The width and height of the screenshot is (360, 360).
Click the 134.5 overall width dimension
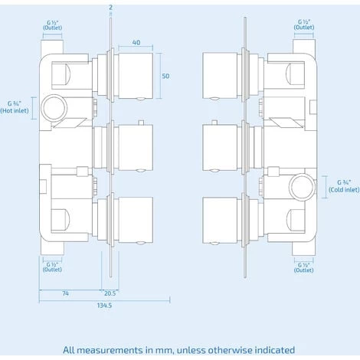(105, 306)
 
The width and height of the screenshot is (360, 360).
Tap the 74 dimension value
(66, 292)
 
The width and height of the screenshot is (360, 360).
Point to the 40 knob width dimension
(135, 44)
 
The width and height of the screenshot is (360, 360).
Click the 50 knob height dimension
(165, 76)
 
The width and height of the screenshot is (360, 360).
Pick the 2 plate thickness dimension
(110, 7)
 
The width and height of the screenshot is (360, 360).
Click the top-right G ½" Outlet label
(304, 27)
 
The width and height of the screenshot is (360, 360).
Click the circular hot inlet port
(53, 104)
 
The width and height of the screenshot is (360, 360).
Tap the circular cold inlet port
(301, 185)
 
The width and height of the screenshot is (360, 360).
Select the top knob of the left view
(136, 74)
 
